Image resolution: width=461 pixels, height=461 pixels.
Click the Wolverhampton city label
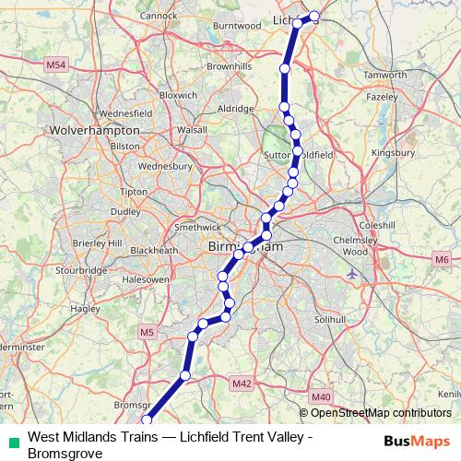96,131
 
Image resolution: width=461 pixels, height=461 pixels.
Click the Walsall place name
192,131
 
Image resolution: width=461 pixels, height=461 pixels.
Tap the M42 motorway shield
242,383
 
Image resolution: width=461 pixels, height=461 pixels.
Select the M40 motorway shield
321,397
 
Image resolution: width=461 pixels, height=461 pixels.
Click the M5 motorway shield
148,331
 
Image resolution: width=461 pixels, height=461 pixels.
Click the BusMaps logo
417,440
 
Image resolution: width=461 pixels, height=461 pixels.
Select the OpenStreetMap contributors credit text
378,412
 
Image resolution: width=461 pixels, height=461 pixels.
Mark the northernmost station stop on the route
314,16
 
